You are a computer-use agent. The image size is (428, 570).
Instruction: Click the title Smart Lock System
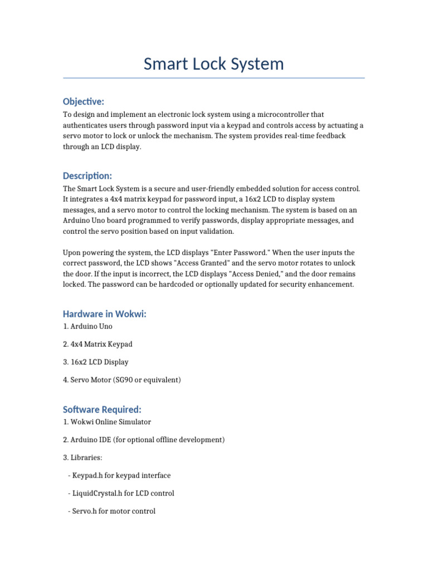(213, 64)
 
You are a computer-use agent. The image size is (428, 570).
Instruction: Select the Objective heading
(84, 101)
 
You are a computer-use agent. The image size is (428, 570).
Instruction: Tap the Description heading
(87, 175)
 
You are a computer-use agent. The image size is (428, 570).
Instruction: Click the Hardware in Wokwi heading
(105, 314)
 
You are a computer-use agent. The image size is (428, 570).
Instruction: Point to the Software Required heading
(102, 410)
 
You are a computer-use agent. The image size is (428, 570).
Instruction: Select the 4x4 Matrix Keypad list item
(98, 344)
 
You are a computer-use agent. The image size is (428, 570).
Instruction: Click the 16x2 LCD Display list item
(95, 362)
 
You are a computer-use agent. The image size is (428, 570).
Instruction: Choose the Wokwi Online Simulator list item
(107, 422)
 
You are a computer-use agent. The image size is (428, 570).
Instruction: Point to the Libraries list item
(82, 458)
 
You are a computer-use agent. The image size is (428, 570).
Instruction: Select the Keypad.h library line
(119, 475)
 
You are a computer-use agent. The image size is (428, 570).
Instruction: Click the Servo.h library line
(111, 511)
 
